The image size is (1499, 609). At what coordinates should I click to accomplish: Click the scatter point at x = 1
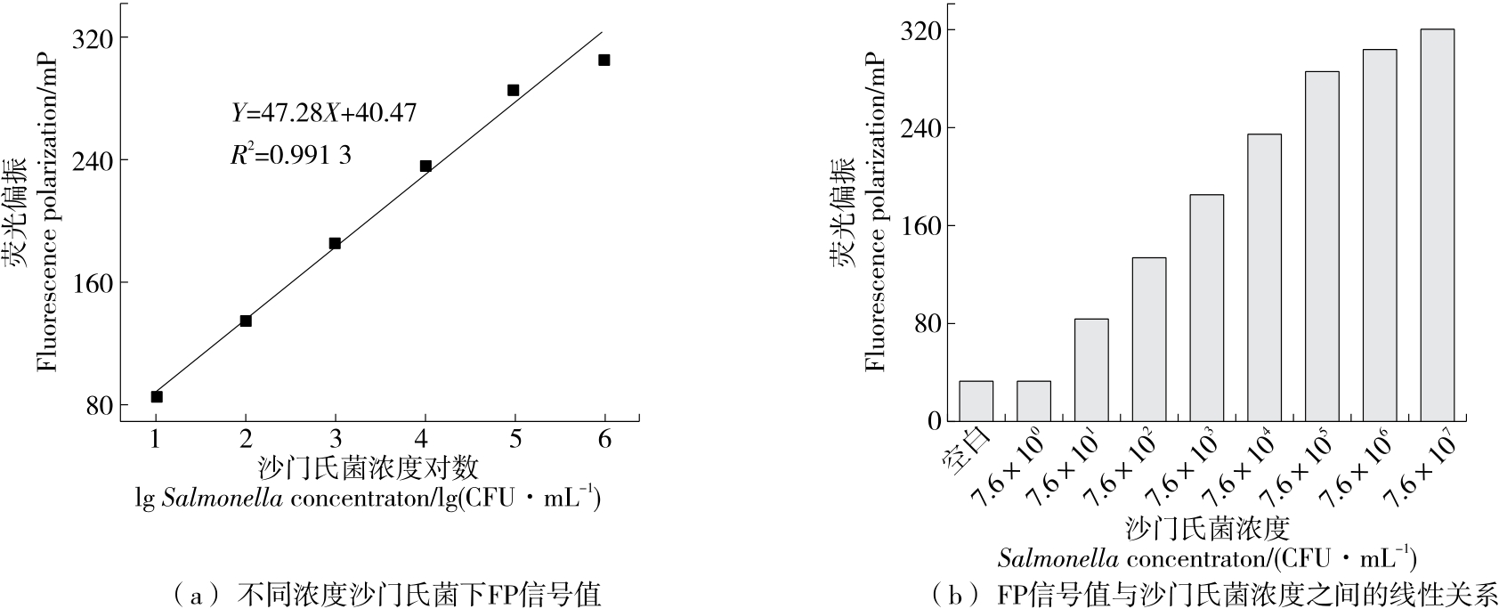157,396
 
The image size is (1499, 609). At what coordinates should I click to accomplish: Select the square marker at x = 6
604,60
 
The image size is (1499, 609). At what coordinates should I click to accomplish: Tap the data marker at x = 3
335,243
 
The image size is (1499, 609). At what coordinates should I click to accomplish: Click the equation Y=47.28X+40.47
324,113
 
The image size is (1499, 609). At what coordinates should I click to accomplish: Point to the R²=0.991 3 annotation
290,155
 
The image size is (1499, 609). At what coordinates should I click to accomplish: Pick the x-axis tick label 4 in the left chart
425,439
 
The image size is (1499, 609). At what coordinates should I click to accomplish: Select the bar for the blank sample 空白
976,401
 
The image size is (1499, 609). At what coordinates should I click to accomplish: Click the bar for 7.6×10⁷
1437,224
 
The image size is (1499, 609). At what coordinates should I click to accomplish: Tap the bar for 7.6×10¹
1091,369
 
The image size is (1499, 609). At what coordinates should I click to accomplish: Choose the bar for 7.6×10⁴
1264,277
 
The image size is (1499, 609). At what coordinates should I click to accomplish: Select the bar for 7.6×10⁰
1033,401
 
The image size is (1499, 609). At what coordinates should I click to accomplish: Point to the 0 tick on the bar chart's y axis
932,420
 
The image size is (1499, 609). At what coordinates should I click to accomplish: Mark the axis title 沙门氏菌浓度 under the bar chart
1207,528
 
